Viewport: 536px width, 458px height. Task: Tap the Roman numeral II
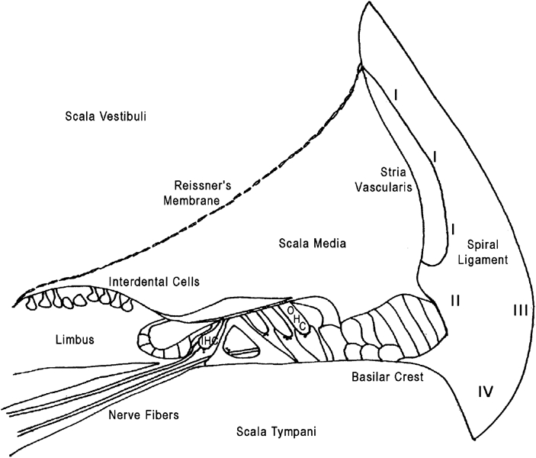coord(455,300)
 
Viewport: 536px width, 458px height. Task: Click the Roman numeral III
coord(521,310)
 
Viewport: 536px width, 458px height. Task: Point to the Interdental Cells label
coord(154,282)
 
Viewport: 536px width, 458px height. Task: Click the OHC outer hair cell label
coord(297,319)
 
